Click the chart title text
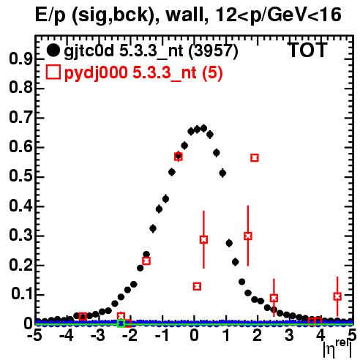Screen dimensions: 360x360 (188, 15)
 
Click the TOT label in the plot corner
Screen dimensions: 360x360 (308, 50)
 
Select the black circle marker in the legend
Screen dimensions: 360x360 (53, 50)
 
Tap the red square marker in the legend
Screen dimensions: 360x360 (53, 72)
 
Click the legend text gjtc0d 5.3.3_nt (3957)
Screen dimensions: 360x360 (151, 51)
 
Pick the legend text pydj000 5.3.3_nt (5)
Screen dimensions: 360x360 (143, 72)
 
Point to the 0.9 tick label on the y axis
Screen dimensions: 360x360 (20, 59)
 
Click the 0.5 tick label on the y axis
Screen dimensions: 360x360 (20, 176)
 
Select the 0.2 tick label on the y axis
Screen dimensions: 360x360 (20, 265)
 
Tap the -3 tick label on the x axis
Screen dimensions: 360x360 (98, 335)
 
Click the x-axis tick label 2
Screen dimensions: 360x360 (258, 335)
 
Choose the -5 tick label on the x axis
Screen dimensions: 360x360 (34, 335)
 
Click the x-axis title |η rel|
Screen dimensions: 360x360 (338, 348)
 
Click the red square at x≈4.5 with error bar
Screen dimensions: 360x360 (337, 296)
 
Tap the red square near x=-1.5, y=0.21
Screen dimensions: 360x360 (146, 261)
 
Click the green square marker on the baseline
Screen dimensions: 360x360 (121, 323)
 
